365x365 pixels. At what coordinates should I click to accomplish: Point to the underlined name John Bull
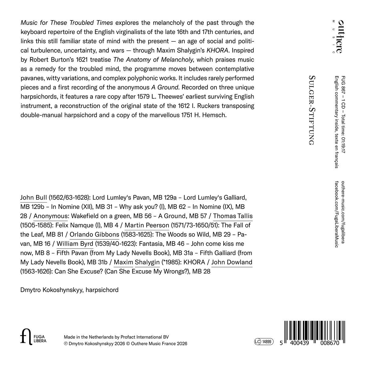[33, 197]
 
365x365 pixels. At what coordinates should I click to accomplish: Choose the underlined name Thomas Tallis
[233, 216]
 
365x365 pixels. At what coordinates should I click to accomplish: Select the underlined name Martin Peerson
[147, 225]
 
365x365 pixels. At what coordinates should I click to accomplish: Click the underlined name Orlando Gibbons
[94, 235]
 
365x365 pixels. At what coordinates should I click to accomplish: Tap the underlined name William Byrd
[75, 244]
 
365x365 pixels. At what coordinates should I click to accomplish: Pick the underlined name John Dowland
[232, 262]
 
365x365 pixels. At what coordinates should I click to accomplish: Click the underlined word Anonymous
[50, 216]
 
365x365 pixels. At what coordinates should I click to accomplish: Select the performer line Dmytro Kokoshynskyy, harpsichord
[69, 290]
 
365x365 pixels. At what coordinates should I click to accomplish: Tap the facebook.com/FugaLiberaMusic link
[336, 214]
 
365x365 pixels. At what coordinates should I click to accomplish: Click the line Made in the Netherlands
[116, 337]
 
